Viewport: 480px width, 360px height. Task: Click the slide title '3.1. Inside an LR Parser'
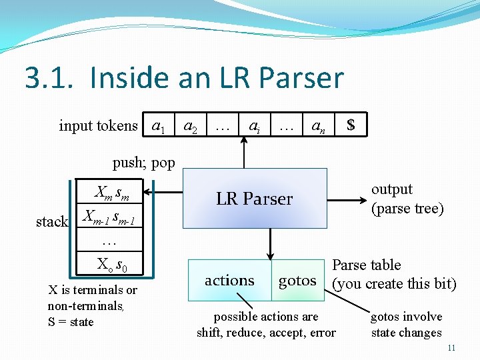(x=184, y=78)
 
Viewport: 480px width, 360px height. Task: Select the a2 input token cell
(x=190, y=125)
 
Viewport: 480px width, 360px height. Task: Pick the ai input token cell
(x=254, y=125)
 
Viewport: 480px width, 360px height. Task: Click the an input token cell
(x=319, y=125)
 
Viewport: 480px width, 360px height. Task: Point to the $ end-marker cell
(x=351, y=125)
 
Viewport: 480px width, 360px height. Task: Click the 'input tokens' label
(x=98, y=125)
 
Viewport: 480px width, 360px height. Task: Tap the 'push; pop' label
(x=144, y=162)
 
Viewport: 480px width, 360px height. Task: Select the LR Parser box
(x=254, y=199)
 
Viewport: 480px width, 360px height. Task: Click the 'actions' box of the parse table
(x=230, y=281)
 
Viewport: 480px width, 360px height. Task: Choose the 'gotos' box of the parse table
(x=297, y=281)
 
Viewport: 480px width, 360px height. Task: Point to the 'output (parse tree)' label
(x=407, y=199)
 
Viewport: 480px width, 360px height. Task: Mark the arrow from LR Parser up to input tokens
(x=243, y=153)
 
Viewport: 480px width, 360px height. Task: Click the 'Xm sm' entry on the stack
(x=111, y=193)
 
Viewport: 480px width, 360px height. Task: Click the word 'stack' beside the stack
(x=52, y=221)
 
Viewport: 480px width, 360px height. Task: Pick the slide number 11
(x=451, y=348)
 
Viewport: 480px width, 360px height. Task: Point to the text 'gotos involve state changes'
(x=406, y=324)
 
